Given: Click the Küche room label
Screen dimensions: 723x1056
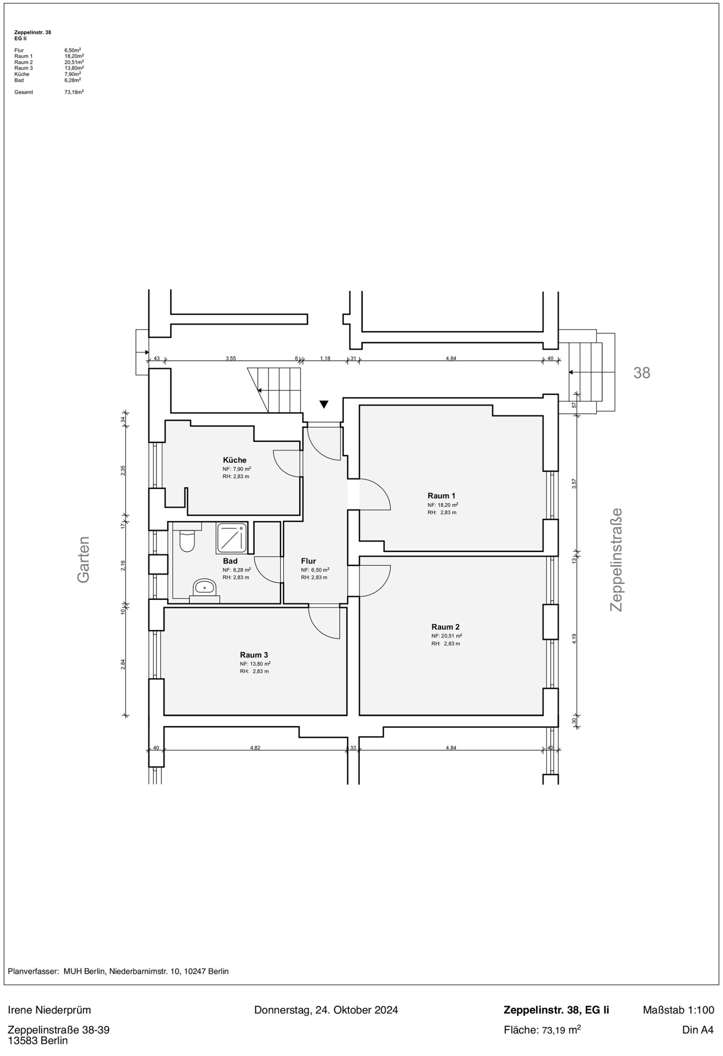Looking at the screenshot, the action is (x=235, y=460).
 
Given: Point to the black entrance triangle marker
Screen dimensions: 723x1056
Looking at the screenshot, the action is (x=324, y=404).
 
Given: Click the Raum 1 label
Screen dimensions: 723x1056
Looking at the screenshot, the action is (x=441, y=496).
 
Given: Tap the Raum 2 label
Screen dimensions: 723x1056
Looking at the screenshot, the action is (x=446, y=627).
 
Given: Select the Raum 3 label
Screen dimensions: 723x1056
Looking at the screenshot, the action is (x=254, y=655).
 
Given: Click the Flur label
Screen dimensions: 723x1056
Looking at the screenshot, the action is (x=308, y=561).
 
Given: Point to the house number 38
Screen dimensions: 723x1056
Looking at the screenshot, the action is (x=642, y=372).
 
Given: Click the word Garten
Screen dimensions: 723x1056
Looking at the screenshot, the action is (x=84, y=559).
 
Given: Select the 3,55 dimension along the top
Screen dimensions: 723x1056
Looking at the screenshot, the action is (x=231, y=358).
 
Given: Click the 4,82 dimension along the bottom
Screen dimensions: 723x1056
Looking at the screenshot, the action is (x=255, y=747).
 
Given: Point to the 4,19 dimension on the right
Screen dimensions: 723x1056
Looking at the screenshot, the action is (x=574, y=639).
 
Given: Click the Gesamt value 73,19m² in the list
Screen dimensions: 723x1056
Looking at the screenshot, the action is (x=74, y=92).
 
